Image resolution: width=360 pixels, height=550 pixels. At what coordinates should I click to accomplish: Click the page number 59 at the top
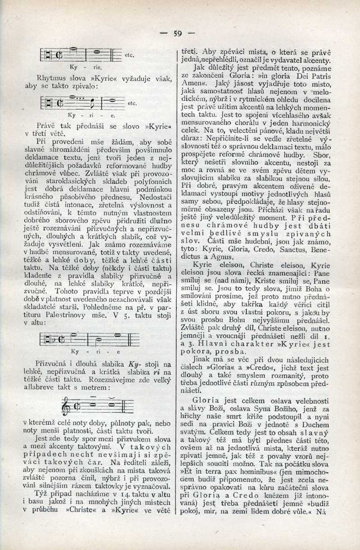point(178,33)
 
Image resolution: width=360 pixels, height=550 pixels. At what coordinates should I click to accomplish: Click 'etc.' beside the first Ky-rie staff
point(130,55)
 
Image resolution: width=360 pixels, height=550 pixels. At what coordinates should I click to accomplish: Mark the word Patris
point(318,76)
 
